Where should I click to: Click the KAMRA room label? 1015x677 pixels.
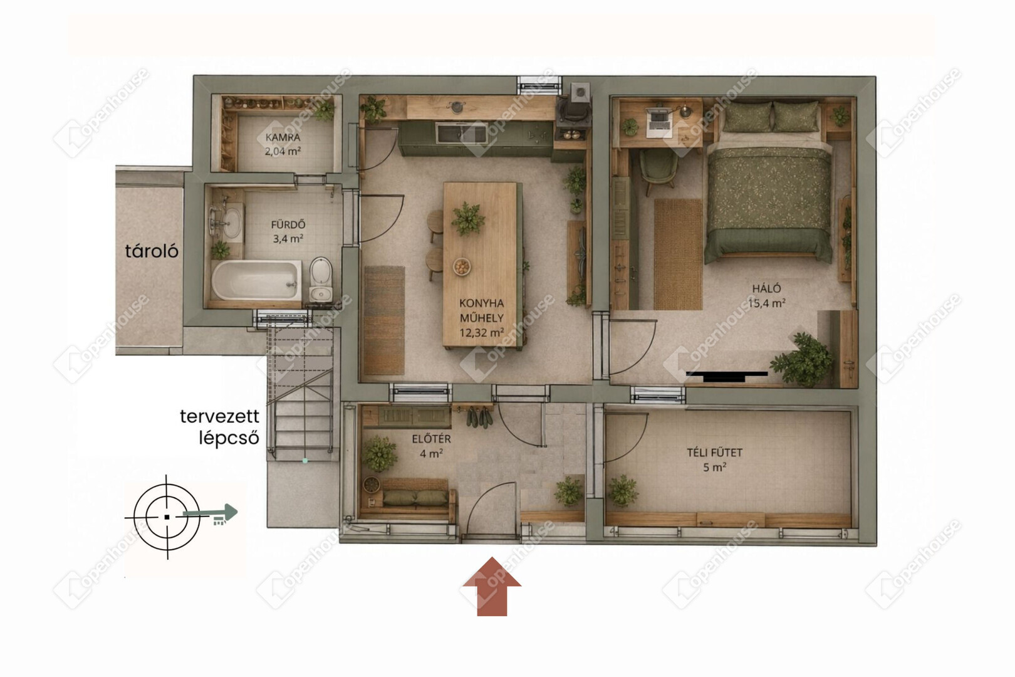(283, 137)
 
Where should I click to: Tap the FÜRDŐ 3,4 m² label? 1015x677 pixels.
(288, 231)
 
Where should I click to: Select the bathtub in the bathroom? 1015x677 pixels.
(256, 280)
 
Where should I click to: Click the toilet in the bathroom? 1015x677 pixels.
(321, 278)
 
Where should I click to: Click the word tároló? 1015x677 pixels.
(152, 251)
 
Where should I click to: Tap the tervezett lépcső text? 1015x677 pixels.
(220, 427)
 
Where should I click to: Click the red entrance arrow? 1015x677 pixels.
(492, 586)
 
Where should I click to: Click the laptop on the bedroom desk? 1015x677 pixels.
(659, 122)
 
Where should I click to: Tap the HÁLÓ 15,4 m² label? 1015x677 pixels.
(767, 296)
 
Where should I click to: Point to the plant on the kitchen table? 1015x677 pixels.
(468, 219)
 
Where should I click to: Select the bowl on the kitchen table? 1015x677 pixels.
(462, 266)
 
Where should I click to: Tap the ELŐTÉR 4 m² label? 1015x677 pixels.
(431, 446)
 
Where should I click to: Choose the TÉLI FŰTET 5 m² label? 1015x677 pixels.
(715, 459)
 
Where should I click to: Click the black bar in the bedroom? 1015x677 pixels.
(727, 374)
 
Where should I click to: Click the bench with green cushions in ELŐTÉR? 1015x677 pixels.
(409, 498)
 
